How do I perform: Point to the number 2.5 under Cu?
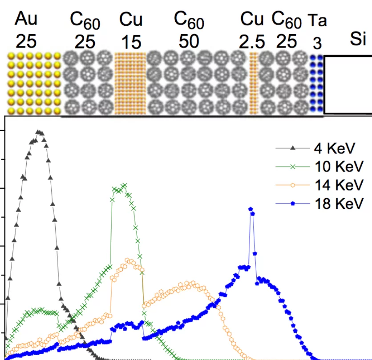coord(252,43)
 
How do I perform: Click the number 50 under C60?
coord(189,41)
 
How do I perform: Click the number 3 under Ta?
coord(317,44)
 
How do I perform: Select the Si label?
coord(357,39)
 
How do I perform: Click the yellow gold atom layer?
coord(34,83)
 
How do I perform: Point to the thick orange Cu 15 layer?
coord(130,83)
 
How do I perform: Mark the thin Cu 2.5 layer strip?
coord(254,83)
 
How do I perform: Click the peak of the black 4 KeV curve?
coord(39,132)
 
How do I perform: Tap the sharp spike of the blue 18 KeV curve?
coord(251,209)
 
